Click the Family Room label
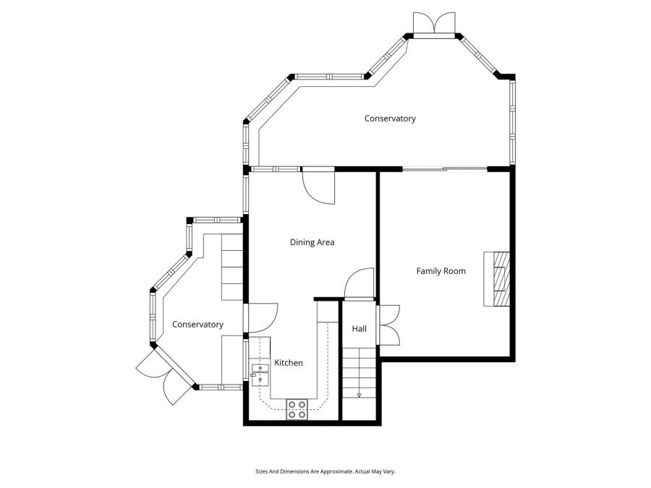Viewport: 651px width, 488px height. (441, 271)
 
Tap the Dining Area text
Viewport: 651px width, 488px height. (312, 243)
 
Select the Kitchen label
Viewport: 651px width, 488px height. (288, 363)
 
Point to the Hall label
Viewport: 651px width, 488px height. (359, 329)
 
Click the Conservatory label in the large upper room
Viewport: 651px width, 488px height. (390, 119)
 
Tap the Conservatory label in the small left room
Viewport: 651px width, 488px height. (197, 325)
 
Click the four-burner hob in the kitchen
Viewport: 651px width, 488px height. (297, 409)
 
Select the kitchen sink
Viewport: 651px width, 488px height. (260, 374)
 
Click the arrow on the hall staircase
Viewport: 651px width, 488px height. (359, 395)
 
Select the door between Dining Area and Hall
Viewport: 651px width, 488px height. (359, 283)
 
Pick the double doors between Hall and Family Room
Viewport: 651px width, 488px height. (389, 324)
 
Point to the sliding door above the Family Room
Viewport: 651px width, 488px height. (444, 169)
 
